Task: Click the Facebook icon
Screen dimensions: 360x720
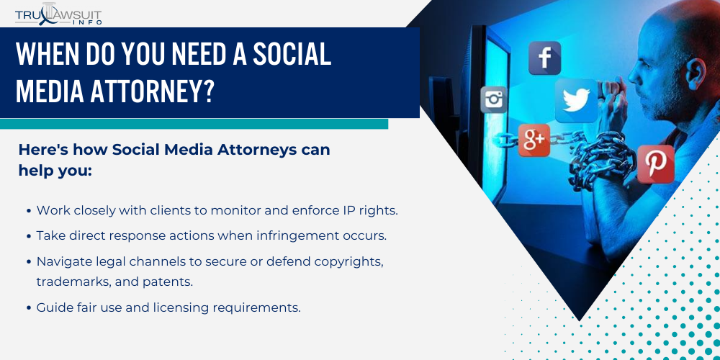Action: (x=544, y=58)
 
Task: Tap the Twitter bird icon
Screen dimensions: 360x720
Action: (x=576, y=101)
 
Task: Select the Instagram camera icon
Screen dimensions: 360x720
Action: (x=494, y=99)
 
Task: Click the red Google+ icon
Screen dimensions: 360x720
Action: (x=534, y=140)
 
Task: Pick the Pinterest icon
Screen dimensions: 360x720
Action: (x=655, y=164)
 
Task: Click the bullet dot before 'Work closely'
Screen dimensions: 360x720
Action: (x=29, y=211)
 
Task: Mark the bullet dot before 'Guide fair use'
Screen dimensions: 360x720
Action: (x=29, y=307)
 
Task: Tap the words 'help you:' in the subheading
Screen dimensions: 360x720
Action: (x=55, y=171)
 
